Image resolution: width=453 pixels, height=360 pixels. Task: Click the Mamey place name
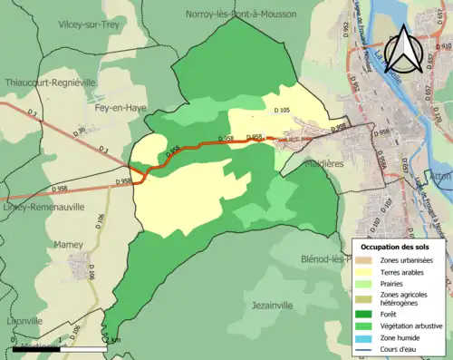pyautogui.click(x=69, y=245)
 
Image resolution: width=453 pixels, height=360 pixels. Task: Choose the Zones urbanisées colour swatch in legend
pyautogui.click(x=367, y=260)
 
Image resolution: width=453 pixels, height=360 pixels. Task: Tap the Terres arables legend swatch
pyautogui.click(x=367, y=271)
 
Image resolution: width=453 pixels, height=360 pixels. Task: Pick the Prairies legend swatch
pyautogui.click(x=367, y=283)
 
